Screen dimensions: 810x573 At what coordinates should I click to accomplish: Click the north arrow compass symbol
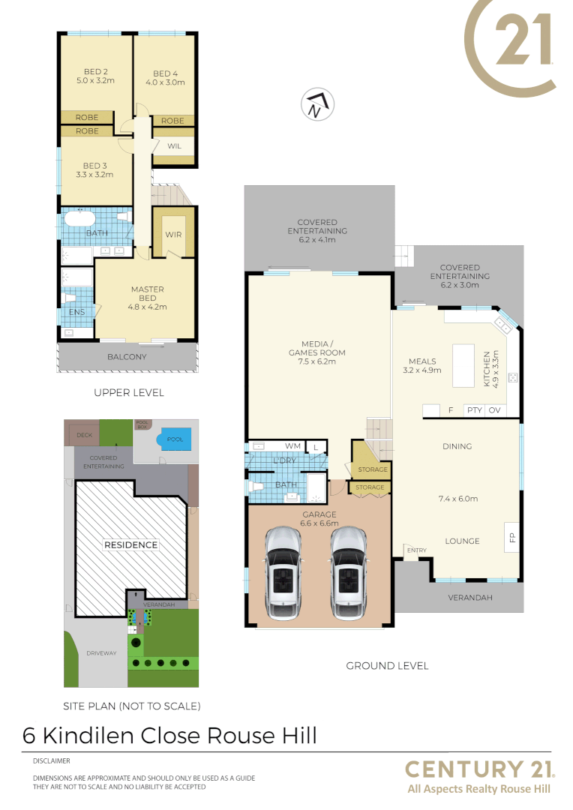317,105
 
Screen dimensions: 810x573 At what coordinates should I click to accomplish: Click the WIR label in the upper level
174,235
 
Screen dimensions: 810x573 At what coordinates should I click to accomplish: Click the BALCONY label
127,357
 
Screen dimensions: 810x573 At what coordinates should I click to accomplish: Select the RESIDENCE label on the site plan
130,545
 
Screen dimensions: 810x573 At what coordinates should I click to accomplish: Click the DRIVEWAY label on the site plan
101,653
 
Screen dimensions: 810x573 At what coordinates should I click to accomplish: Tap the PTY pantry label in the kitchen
474,410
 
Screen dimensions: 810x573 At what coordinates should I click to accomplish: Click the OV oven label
494,410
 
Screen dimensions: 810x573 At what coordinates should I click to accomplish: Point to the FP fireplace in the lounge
512,537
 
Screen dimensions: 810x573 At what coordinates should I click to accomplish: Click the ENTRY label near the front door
417,550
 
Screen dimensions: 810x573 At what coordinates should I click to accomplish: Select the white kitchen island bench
463,365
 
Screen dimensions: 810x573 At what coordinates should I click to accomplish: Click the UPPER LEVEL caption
128,392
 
